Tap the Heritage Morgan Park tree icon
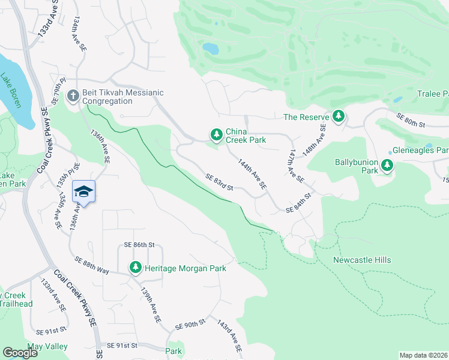pos(136,268)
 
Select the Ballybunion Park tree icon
pos(387,166)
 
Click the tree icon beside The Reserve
pos(339,116)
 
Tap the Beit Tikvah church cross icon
pos(73,96)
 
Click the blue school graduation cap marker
pos(84,191)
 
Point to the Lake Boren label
pos(11,90)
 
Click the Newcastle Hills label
pos(362,260)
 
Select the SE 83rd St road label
pos(218,182)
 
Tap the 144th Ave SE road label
pos(252,175)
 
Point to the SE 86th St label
pos(139,245)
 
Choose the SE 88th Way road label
pos(92,265)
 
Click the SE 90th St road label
pos(190,325)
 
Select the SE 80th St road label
pos(410,120)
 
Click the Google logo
pos(20,352)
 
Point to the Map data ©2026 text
pos(423,355)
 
